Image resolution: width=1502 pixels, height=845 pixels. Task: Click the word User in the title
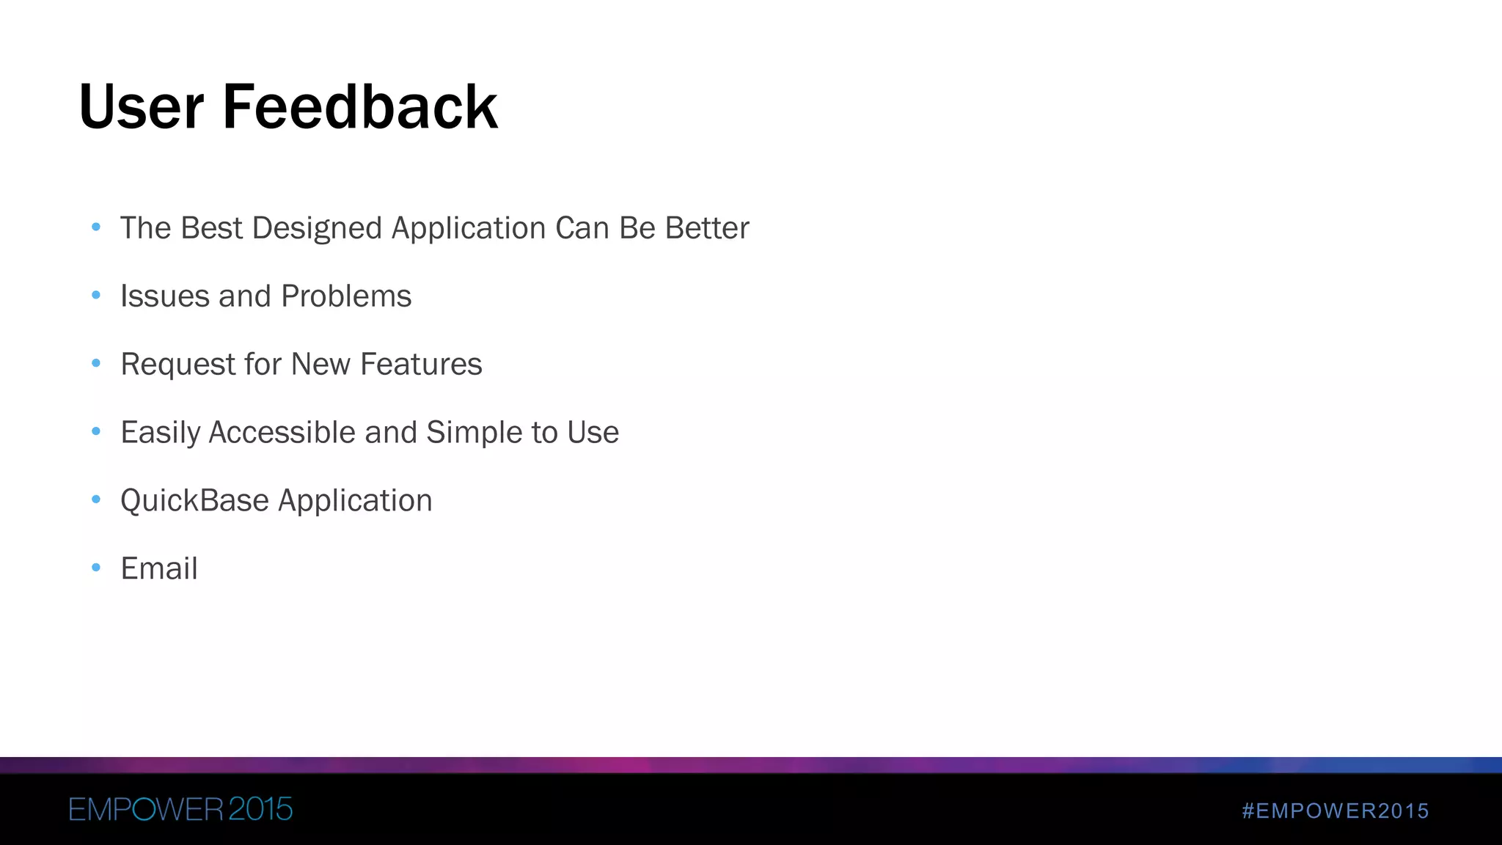[x=140, y=107]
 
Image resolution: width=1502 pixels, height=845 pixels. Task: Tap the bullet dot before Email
[x=96, y=567]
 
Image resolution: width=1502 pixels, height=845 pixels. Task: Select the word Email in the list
[x=159, y=568]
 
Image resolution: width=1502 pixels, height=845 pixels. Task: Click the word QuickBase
[x=194, y=500]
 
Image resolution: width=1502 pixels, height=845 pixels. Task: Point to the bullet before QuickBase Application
[x=96, y=500]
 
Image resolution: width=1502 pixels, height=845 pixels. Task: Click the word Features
[x=421, y=365]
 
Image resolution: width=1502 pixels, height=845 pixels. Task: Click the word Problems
[x=346, y=296]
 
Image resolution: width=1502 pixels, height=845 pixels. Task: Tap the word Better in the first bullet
[x=707, y=228]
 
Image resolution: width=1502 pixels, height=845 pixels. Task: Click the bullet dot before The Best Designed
[x=96, y=227]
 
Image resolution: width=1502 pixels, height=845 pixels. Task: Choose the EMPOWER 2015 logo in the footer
[x=180, y=809]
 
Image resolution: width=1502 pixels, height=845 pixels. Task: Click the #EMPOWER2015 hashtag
[x=1335, y=811]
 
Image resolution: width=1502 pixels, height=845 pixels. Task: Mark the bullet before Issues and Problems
[x=96, y=296]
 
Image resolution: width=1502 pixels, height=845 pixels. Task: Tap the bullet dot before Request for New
[x=96, y=363]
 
